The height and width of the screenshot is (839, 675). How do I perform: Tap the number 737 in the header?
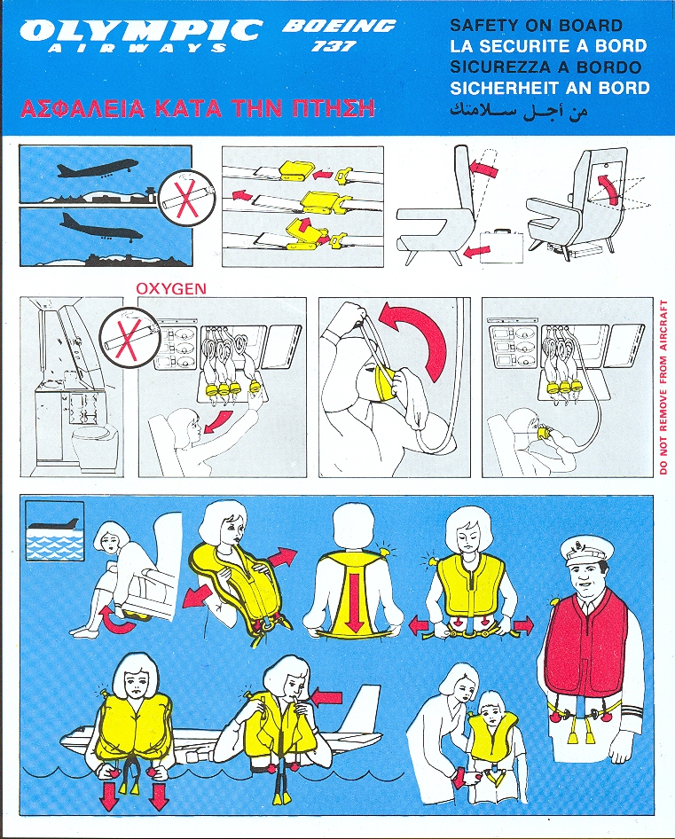[334, 46]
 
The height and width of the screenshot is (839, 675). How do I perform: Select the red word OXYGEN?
[171, 288]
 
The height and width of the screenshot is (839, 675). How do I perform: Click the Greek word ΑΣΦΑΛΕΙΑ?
[82, 108]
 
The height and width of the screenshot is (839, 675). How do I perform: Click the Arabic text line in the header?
[518, 111]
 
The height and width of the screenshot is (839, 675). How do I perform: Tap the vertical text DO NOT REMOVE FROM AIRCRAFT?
[663, 387]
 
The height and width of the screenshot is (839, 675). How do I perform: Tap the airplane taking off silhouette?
[97, 168]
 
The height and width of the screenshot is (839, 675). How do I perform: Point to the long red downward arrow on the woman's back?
[353, 600]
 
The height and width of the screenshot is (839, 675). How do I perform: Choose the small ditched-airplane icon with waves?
[55, 530]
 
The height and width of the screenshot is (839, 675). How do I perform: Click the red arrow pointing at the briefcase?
[477, 251]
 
